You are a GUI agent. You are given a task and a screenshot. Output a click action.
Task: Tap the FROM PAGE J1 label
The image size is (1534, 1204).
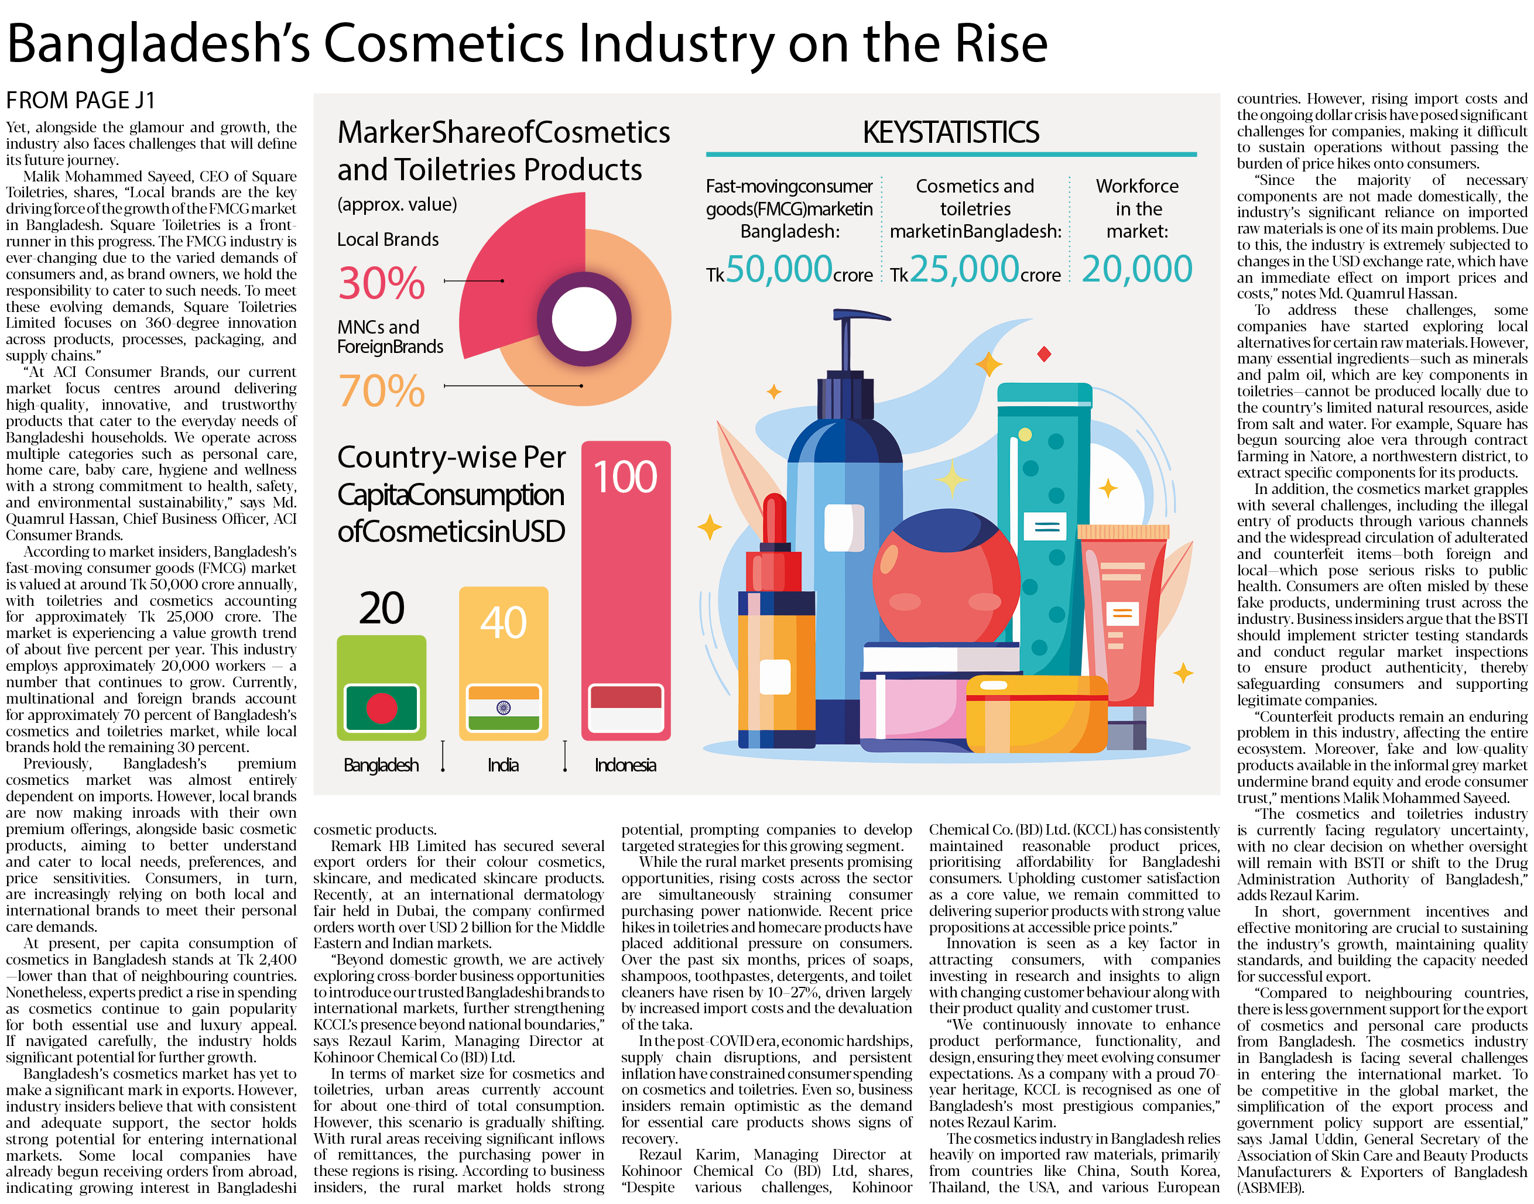(80, 100)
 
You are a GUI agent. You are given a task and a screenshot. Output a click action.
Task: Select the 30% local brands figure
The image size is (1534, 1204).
(381, 283)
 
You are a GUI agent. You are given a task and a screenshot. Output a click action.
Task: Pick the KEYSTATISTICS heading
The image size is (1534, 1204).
(950, 132)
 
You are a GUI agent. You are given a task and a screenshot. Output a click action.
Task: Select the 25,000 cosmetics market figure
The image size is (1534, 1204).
(964, 269)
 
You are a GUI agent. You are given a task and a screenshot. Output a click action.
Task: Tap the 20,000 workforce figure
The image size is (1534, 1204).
(1136, 269)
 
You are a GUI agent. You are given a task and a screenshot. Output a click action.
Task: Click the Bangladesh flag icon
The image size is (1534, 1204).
(381, 708)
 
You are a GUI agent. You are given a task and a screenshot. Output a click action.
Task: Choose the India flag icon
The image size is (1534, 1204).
(504, 708)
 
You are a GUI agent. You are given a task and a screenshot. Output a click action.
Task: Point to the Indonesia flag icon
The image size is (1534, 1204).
(625, 708)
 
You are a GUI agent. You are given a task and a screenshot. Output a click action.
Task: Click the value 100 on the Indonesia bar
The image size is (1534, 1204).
(625, 476)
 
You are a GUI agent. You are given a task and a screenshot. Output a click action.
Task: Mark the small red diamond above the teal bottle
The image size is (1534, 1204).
(1044, 354)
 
